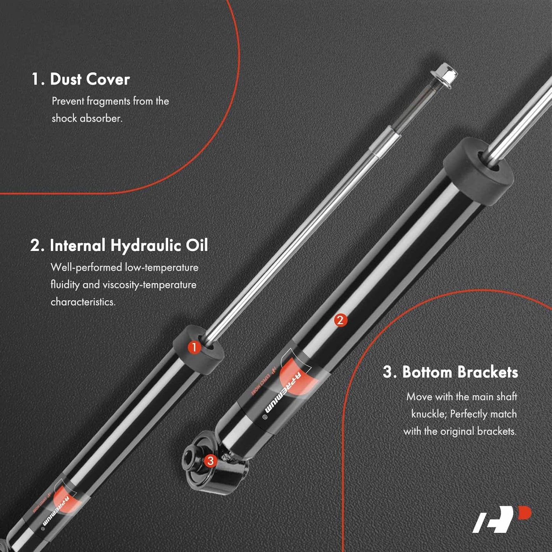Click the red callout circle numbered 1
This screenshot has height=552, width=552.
click(x=194, y=347)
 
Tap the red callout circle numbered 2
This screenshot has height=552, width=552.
click(x=340, y=320)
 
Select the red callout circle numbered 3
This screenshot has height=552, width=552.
click(x=210, y=461)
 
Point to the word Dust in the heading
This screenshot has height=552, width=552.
click(x=66, y=79)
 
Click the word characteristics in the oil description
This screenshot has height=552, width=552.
click(x=83, y=302)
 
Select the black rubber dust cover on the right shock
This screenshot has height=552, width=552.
click(x=478, y=171)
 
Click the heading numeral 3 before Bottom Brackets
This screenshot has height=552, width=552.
click(x=388, y=372)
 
